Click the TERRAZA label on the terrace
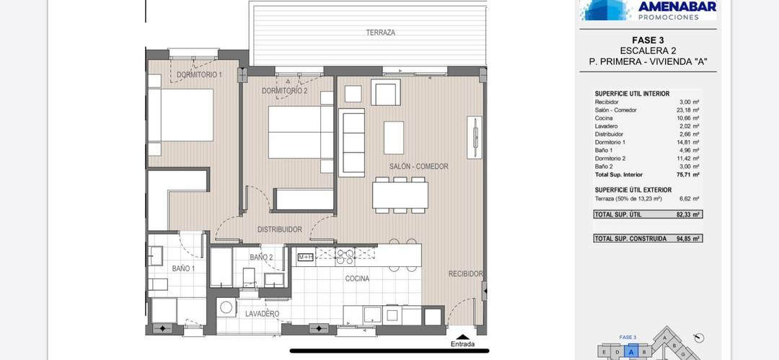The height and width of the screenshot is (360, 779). (380, 32)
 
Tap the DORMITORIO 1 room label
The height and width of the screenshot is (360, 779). (199, 75)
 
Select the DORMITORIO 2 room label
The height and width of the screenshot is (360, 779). (284, 91)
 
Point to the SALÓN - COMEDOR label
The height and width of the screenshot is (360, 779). (418, 167)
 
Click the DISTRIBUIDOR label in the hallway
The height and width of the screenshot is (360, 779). (279, 229)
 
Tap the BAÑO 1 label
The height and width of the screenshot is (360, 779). (183, 268)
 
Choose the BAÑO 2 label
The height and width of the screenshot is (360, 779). (261, 257)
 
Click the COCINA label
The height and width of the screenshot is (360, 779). (357, 278)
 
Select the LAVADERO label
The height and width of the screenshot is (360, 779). (262, 314)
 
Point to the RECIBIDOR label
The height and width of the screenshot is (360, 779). (465, 274)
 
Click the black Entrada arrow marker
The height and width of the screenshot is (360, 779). (462, 335)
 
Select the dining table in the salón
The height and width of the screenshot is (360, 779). (400, 195)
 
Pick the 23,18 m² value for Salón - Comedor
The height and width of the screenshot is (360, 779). (689, 110)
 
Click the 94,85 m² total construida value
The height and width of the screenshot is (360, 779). (689, 238)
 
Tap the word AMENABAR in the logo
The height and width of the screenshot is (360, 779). (677, 6)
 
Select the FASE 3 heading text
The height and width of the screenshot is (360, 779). (647, 40)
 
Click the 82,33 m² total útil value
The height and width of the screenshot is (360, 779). (689, 214)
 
